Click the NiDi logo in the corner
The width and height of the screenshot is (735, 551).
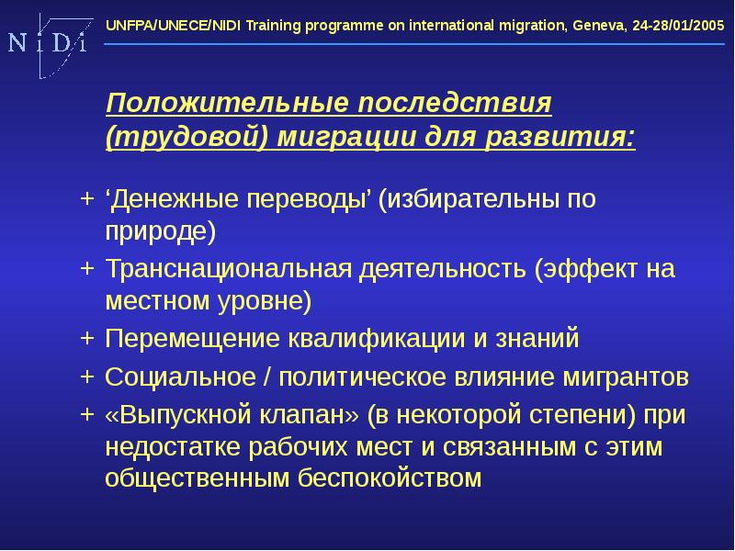pos(47,43)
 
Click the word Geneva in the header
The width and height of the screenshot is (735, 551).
pos(596,27)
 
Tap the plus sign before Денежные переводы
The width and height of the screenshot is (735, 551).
pos(86,197)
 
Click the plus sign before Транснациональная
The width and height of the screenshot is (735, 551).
pos(86,268)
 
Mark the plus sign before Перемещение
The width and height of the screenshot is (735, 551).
pos(86,338)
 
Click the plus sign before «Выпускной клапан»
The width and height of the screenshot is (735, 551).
pos(86,413)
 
